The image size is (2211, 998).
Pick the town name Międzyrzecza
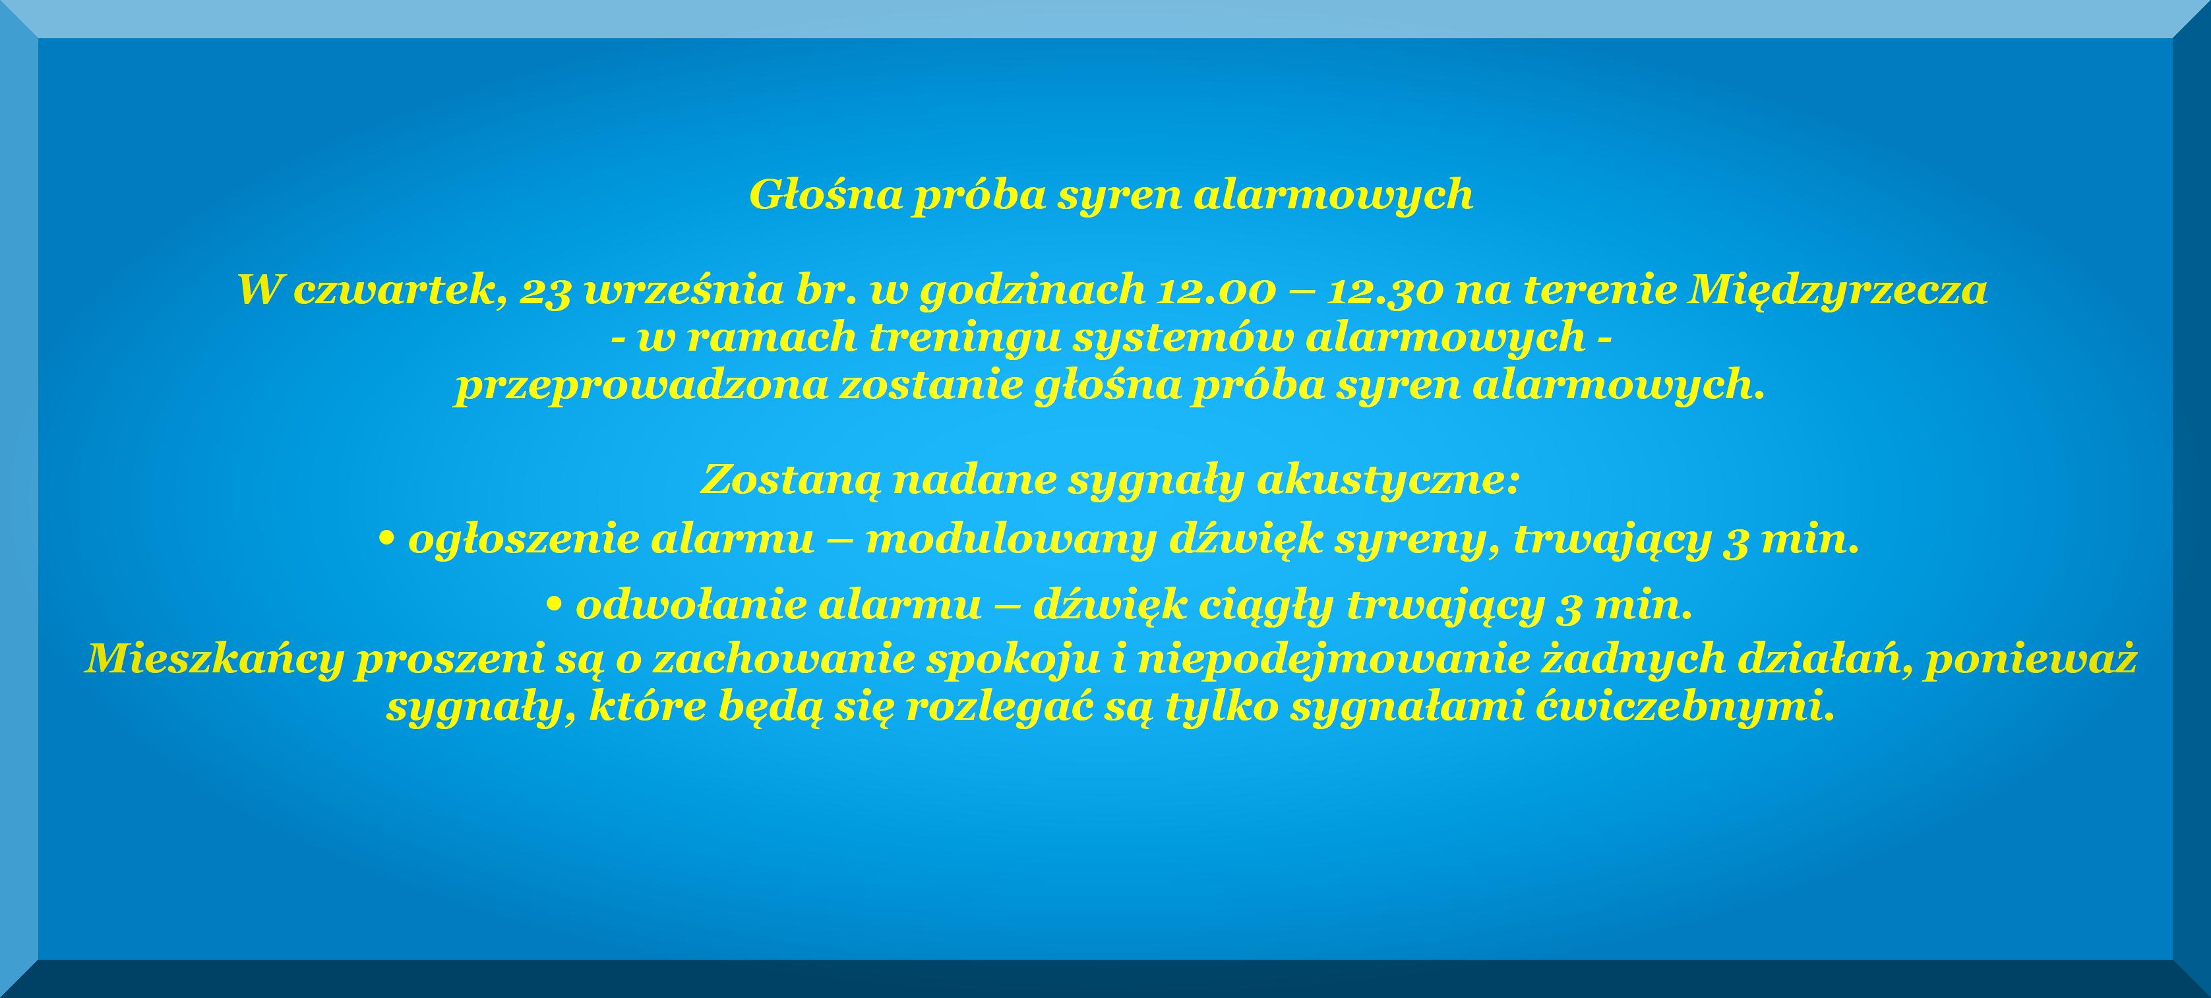coord(1836,290)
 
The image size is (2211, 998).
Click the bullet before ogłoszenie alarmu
coord(386,539)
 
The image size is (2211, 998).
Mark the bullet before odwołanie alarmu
coord(554,605)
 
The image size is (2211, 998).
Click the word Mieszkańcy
coord(214,660)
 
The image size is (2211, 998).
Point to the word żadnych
coord(1633,659)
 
